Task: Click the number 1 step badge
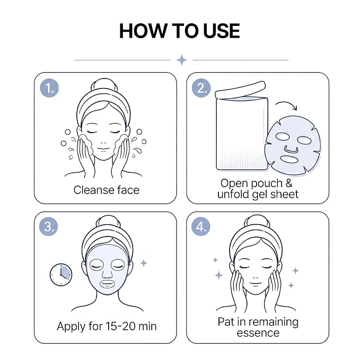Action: [49, 88]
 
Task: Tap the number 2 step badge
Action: [201, 88]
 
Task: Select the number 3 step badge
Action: [48, 226]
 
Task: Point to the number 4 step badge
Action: [201, 226]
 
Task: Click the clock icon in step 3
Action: [61, 275]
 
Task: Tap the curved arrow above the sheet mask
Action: [287, 103]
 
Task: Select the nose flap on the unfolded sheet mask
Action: [291, 149]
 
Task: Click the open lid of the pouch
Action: [240, 90]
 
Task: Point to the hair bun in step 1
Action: [104, 86]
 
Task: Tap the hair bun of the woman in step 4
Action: [257, 222]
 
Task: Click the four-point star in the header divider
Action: [182, 60]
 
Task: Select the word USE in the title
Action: [222, 31]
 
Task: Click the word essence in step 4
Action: [258, 333]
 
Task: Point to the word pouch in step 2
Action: [267, 184]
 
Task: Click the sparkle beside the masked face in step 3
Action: [144, 263]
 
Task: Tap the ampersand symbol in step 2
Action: [289, 183]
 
